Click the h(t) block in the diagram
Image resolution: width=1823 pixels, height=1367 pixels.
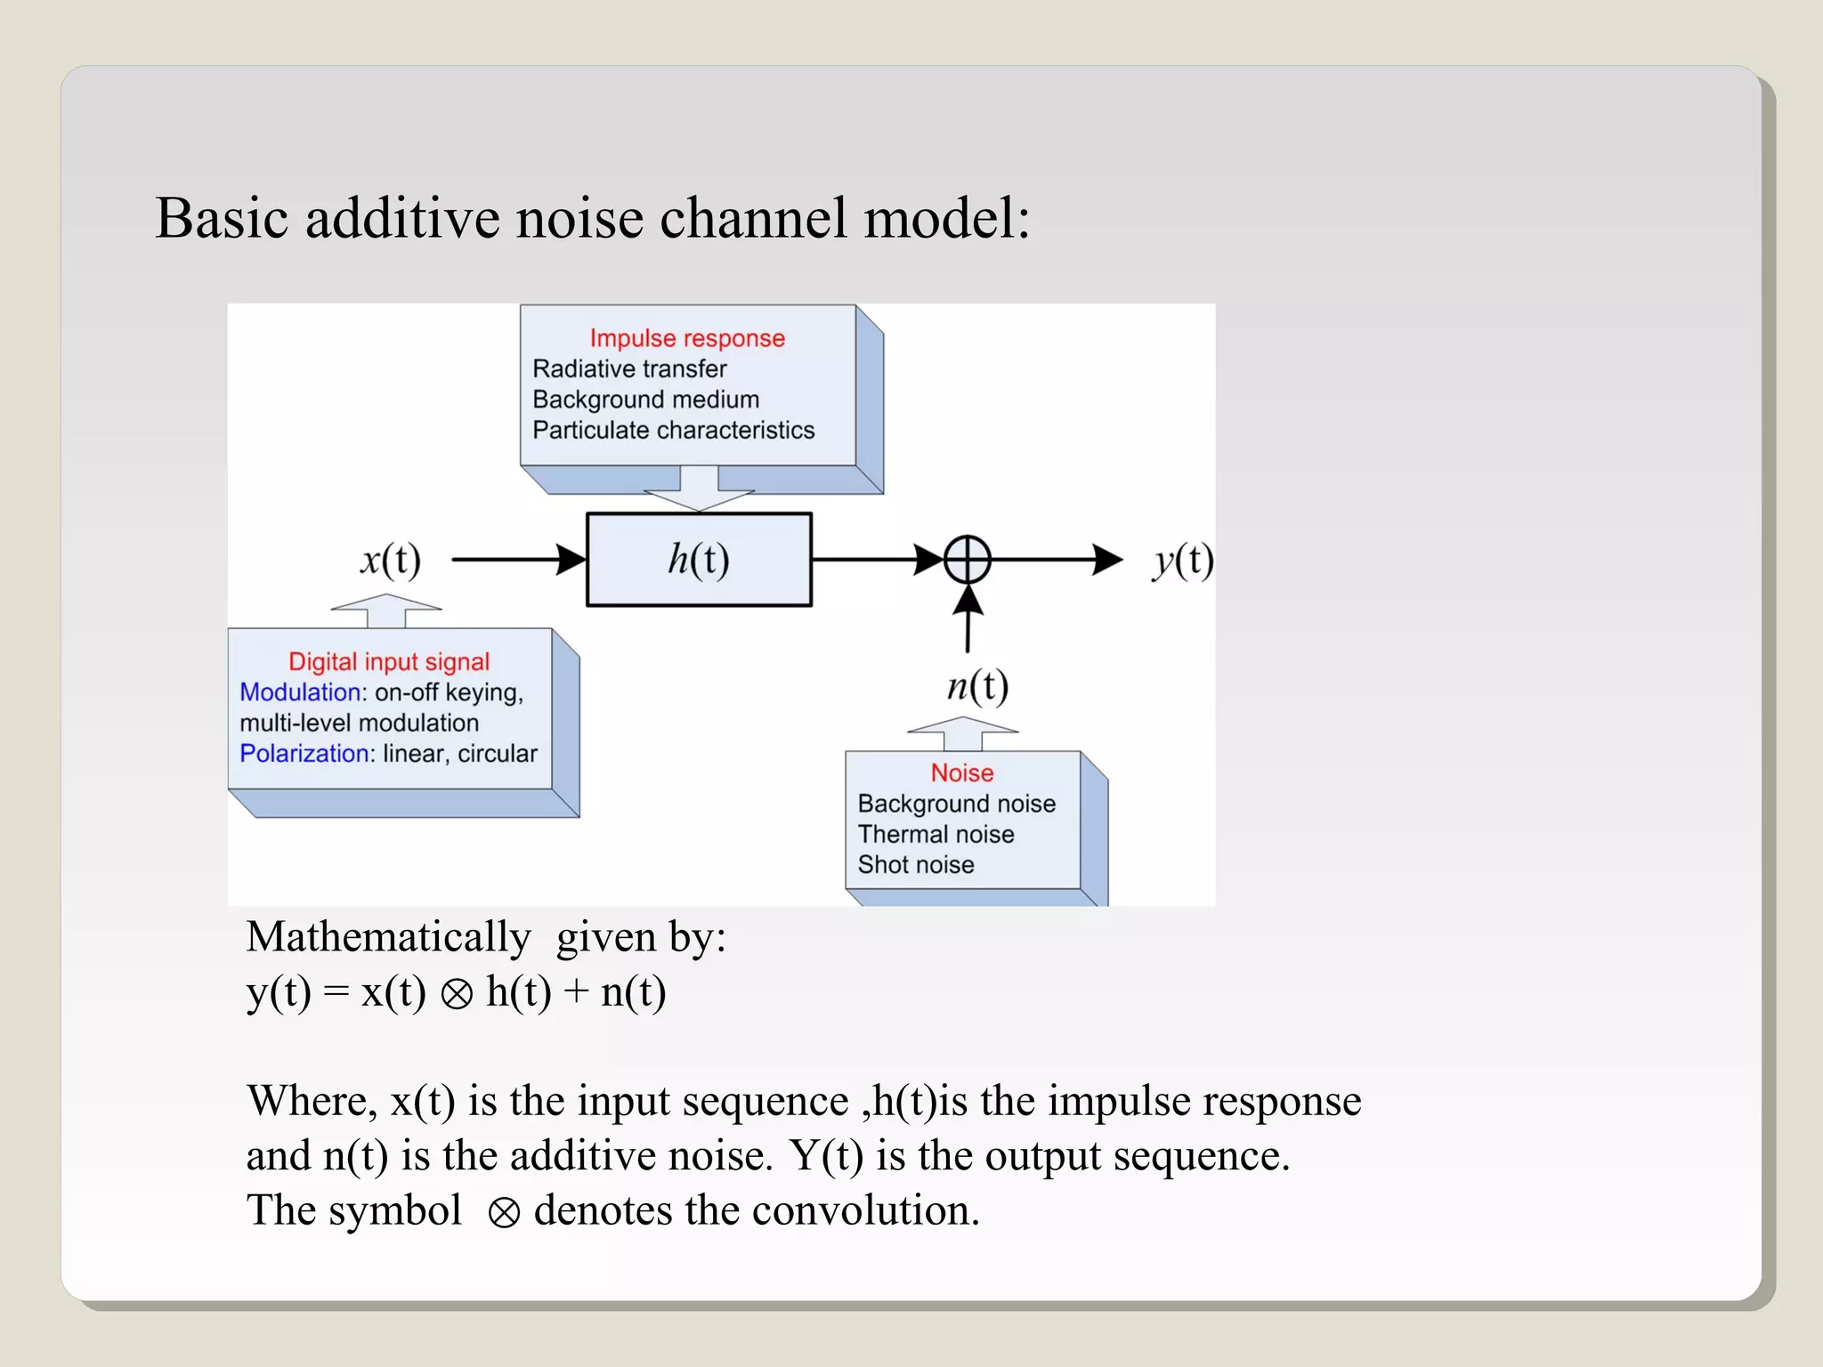[699, 560]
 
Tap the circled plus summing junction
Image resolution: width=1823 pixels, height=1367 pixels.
[967, 560]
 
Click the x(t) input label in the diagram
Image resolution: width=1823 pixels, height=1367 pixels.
[390, 560]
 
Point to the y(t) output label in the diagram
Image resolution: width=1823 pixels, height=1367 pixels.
[1182, 561]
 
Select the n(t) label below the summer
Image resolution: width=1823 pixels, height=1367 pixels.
[976, 686]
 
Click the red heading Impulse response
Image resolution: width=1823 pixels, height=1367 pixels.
[687, 338]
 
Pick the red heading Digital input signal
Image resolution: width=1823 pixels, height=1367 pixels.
[389, 661]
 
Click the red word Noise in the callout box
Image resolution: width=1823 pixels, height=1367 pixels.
[961, 772]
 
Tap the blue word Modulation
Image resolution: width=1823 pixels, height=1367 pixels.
[299, 692]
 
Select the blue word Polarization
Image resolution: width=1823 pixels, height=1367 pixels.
[304, 754]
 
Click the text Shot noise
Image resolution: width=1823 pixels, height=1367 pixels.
[915, 865]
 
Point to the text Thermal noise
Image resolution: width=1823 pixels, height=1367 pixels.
[936, 835]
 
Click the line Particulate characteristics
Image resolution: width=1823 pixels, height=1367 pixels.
[673, 431]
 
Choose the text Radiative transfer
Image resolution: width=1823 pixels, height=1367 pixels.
[629, 368]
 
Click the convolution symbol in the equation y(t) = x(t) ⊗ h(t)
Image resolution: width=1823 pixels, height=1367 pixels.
[457, 994]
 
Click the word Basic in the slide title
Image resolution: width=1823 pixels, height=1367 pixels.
[222, 218]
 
